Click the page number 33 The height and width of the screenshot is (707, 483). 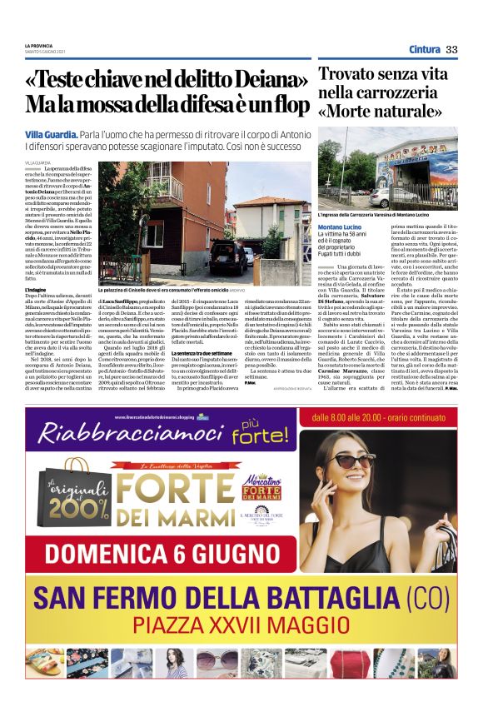[452, 49]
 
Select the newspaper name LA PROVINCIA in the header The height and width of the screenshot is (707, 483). [39, 45]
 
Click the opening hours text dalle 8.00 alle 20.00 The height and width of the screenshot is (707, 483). [381, 416]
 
